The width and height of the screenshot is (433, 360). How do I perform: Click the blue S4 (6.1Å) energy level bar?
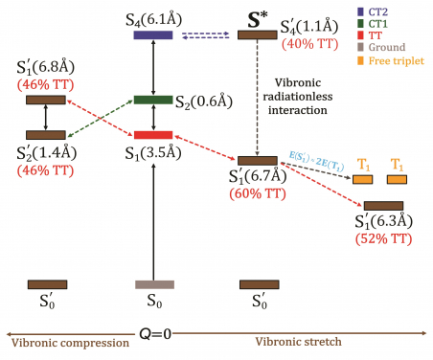(x=153, y=36)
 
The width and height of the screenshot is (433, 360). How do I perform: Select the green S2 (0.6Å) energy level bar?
(x=153, y=100)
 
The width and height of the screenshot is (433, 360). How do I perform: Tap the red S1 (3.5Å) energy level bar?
(x=153, y=135)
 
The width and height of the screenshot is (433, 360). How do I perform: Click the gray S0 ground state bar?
(x=153, y=284)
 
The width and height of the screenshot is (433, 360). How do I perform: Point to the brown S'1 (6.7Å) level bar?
(x=257, y=160)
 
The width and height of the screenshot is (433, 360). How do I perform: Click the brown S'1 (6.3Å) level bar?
(x=383, y=206)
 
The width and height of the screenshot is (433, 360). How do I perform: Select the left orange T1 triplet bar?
(x=363, y=179)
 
